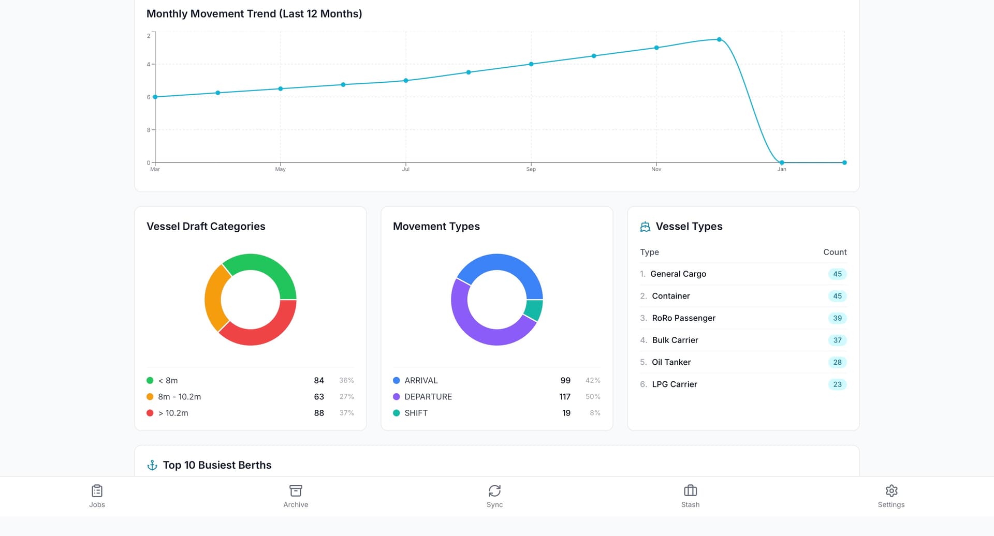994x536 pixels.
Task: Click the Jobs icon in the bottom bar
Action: tap(97, 491)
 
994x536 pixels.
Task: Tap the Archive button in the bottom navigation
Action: tap(296, 491)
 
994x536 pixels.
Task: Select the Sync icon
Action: tap(494, 491)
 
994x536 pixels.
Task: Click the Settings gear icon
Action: tap(891, 491)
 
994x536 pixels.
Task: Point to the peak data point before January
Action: tap(719, 39)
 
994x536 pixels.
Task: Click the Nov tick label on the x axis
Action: tap(656, 169)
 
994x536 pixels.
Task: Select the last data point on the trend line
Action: tap(844, 162)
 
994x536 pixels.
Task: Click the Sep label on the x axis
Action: tap(531, 169)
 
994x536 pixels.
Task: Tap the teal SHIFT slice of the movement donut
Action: tap(533, 310)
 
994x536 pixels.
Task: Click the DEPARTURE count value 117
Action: tap(564, 397)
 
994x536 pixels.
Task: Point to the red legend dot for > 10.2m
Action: tap(150, 413)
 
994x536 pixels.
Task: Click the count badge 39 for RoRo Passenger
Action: tap(837, 318)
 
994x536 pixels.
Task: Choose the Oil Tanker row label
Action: tap(671, 362)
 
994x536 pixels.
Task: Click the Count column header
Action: tap(835, 252)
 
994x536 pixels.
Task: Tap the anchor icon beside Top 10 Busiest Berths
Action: tap(152, 465)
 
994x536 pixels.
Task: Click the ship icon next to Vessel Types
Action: tap(645, 227)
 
